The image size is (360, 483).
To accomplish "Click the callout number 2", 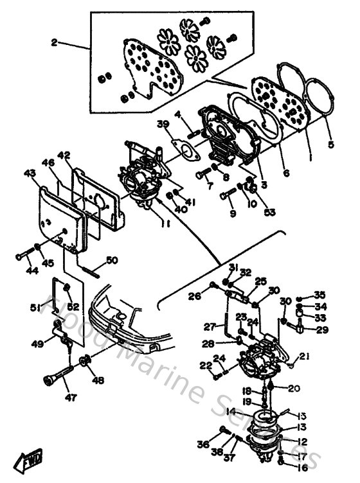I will pyautogui.click(x=55, y=43).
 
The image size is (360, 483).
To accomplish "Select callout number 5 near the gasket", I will pyautogui.click(x=330, y=145).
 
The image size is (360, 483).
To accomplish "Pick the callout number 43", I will pyautogui.click(x=30, y=173).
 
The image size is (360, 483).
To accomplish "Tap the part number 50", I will pyautogui.click(x=112, y=260).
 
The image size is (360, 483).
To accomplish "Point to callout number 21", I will pyautogui.click(x=304, y=356).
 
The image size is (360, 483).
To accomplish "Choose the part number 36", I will pyautogui.click(x=203, y=444).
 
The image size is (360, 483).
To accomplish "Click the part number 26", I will pyautogui.click(x=194, y=296).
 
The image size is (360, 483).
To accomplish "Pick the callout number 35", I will pyautogui.click(x=321, y=295).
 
